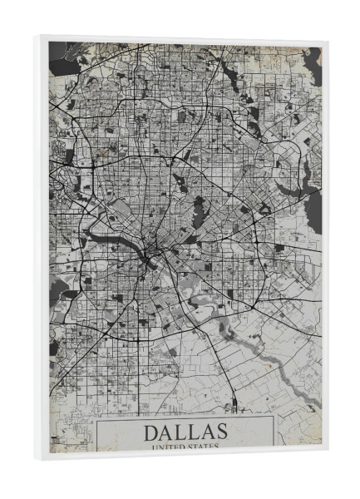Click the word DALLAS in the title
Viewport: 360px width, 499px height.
point(185,432)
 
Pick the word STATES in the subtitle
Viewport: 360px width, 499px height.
point(203,447)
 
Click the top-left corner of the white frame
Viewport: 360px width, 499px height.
point(40,37)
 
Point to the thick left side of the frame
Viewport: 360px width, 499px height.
point(43,249)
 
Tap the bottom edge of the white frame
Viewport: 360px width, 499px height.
point(183,456)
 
